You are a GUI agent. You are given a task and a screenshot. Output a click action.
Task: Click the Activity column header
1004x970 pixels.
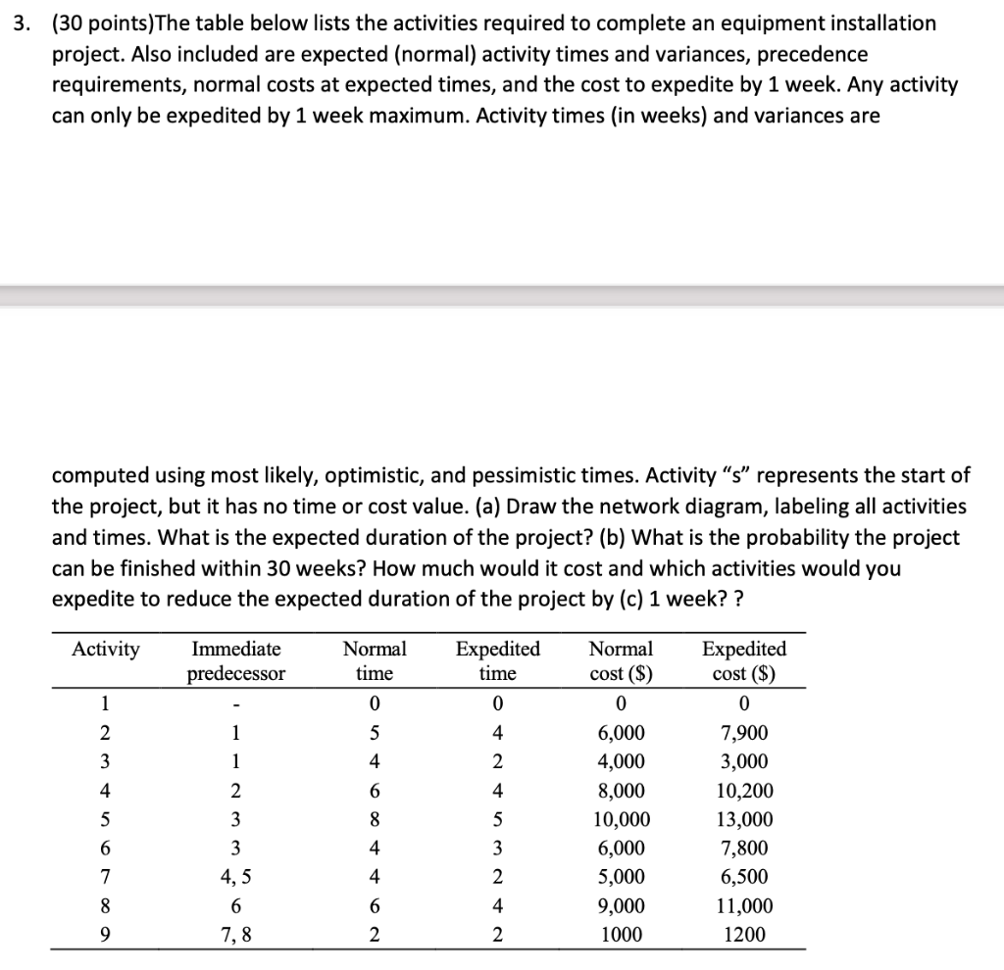106,650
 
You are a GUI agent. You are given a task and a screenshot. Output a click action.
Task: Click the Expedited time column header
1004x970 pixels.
498,661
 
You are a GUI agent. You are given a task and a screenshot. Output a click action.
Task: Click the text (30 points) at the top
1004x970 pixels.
92,23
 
